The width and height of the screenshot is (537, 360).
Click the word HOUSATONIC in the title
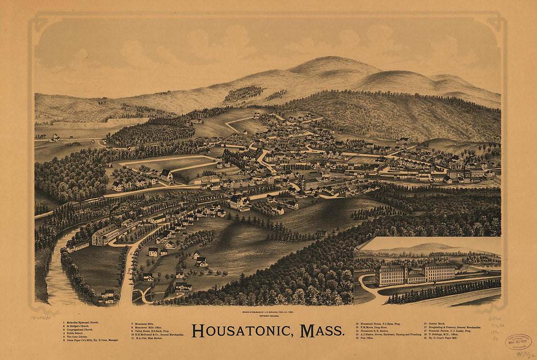click(x=242, y=331)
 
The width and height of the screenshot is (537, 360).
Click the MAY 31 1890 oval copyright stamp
click(x=518, y=341)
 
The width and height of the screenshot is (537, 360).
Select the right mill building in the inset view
click(x=439, y=272)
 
